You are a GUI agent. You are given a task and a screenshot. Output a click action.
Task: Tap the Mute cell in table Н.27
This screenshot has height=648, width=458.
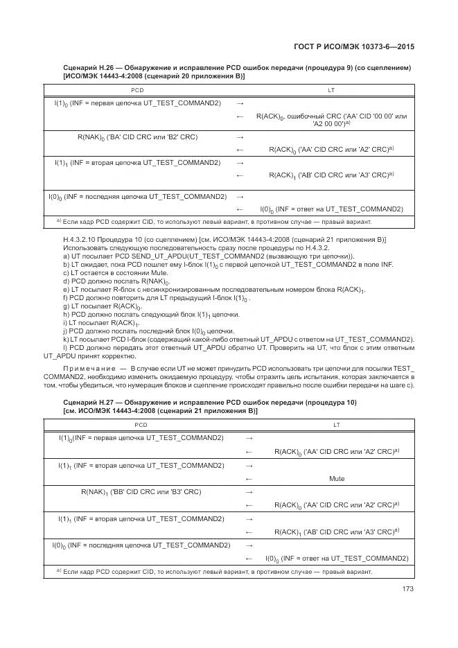click(x=337, y=478)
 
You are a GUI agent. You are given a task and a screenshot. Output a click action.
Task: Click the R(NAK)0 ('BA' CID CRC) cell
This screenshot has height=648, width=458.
click(x=137, y=137)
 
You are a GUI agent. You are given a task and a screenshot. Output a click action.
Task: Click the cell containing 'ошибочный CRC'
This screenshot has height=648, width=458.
click(x=331, y=119)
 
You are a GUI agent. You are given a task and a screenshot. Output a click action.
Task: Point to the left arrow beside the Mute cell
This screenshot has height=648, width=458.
click(x=249, y=478)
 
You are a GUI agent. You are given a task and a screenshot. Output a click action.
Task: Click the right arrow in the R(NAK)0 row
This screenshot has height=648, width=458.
click(x=240, y=137)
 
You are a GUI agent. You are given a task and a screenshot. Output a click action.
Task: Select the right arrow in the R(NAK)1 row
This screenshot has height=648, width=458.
click(x=249, y=491)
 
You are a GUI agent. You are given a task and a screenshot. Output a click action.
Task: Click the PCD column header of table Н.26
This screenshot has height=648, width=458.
click(x=137, y=90)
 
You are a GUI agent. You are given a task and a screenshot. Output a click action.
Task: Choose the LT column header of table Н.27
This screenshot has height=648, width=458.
click(x=337, y=424)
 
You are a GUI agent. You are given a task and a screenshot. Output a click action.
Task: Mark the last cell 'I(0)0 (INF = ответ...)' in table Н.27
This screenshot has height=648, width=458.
click(x=337, y=558)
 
